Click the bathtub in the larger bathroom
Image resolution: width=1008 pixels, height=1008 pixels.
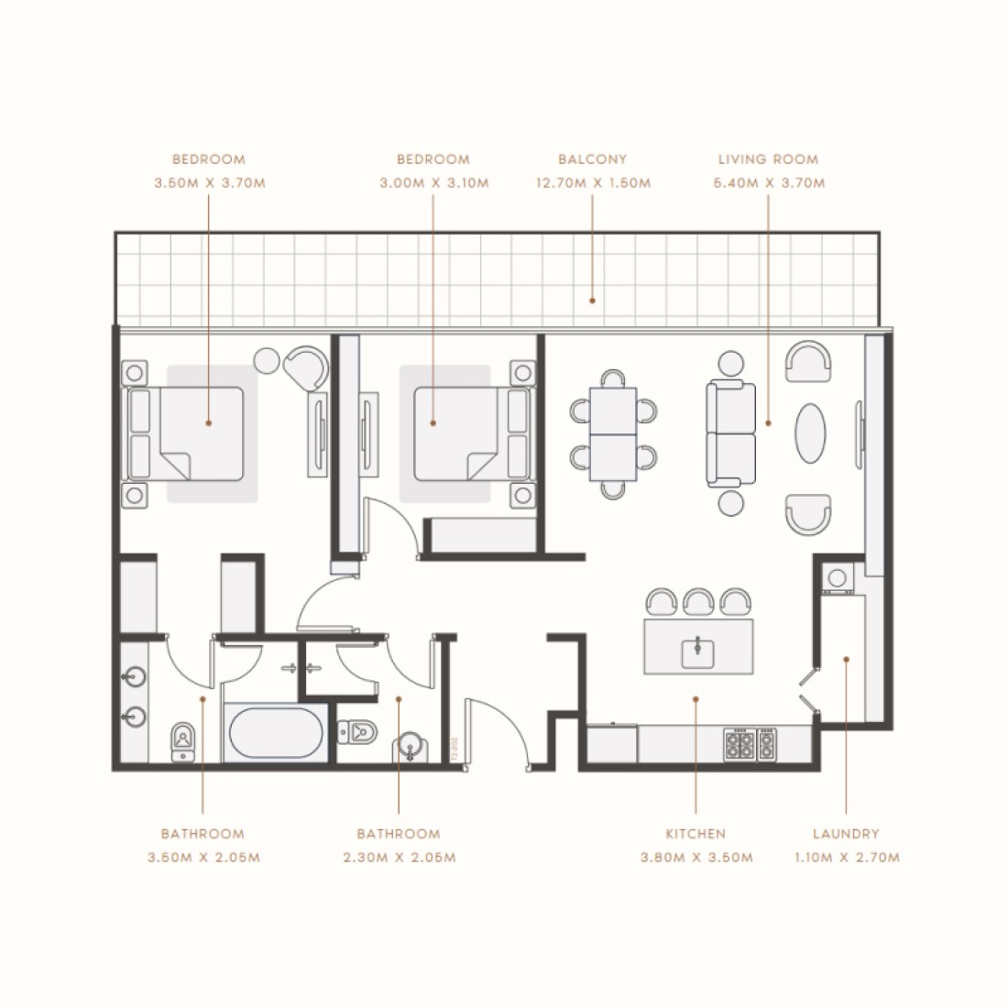[x=275, y=733]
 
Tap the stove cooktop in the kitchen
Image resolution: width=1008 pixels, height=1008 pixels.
[x=751, y=744]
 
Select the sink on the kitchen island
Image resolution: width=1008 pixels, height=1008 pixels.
[x=698, y=652]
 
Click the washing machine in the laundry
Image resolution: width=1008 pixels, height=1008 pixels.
[x=838, y=578]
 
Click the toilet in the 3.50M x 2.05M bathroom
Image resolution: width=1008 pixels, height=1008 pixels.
[x=183, y=740]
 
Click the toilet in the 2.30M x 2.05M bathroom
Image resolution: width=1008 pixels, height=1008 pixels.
[x=356, y=731]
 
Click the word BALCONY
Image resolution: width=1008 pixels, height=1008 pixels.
[x=593, y=159]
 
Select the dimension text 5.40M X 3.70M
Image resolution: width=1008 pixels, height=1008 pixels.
[x=769, y=183]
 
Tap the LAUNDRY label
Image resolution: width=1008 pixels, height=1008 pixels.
[x=846, y=834]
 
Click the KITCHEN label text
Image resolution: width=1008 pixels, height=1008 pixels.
[x=696, y=834]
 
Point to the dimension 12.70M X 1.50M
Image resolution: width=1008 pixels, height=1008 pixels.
[x=593, y=183]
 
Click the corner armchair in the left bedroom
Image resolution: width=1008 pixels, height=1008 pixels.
[x=305, y=367]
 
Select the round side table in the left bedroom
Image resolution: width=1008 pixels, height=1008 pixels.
[x=268, y=360]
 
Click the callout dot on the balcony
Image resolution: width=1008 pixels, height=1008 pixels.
[x=593, y=300]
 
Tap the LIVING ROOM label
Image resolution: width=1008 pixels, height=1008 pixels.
[x=768, y=159]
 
